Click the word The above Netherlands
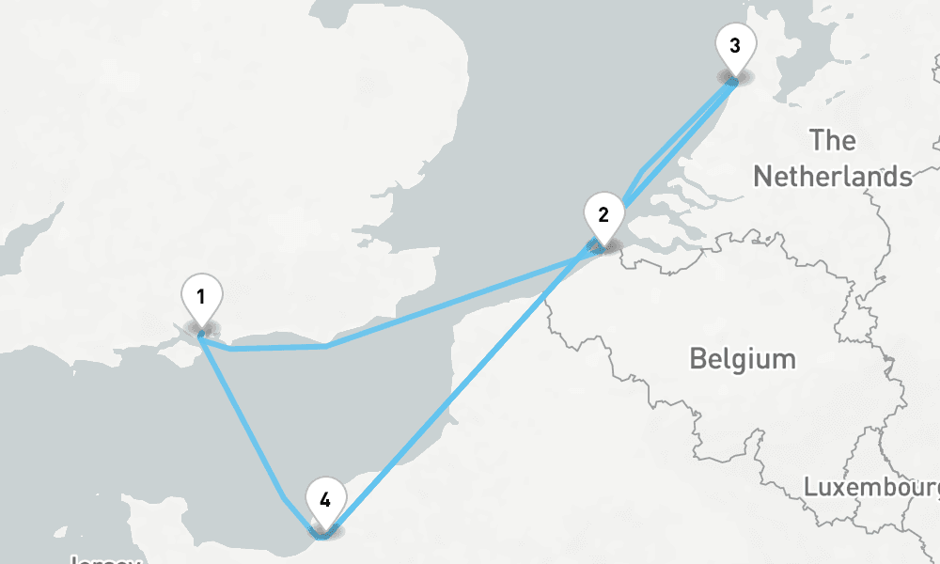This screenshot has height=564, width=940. point(833,141)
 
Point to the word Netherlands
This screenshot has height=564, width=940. point(833,176)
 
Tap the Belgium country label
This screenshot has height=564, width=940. point(742,358)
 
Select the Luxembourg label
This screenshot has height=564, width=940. point(870,487)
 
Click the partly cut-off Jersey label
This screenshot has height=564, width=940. point(105,559)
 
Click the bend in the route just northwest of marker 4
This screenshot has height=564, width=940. point(283,494)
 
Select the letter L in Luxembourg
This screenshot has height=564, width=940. point(810,487)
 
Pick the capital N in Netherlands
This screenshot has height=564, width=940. point(762,176)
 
